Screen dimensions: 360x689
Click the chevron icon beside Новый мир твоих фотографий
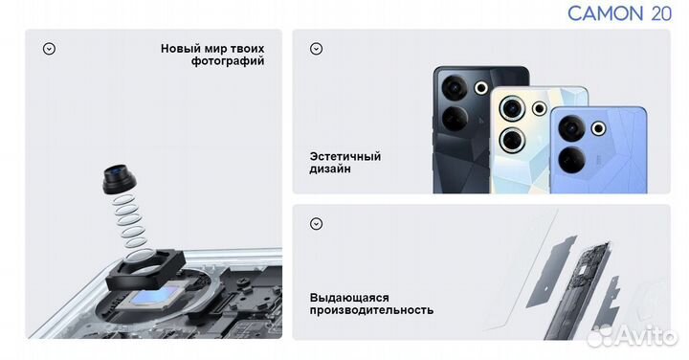pyautogui.click(x=49, y=49)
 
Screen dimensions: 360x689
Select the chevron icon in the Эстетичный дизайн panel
pyautogui.click(x=317, y=49)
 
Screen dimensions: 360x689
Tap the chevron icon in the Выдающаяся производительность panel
pyautogui.click(x=317, y=224)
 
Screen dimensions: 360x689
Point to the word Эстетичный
pyautogui.click(x=345, y=156)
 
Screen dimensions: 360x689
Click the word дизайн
pyautogui.click(x=330, y=169)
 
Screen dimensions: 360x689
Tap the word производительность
pyautogui.click(x=371, y=310)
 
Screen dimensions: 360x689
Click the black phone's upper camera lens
pyautogui.click(x=454, y=88)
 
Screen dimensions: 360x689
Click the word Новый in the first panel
pyautogui.click(x=180, y=48)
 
